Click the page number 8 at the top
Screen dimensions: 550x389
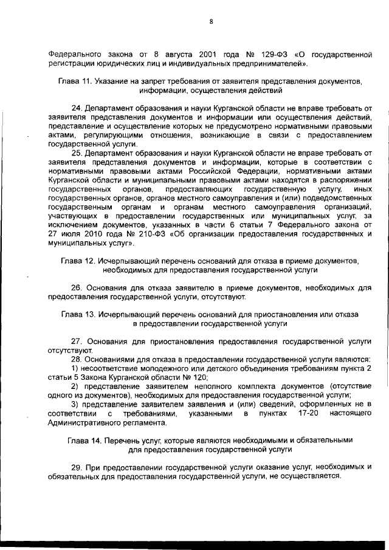[x=210, y=22]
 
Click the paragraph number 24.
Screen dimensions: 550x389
[x=77, y=108]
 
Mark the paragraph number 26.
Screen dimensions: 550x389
[x=77, y=288]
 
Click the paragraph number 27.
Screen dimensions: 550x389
[x=77, y=342]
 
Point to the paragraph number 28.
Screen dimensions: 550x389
[x=77, y=360]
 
